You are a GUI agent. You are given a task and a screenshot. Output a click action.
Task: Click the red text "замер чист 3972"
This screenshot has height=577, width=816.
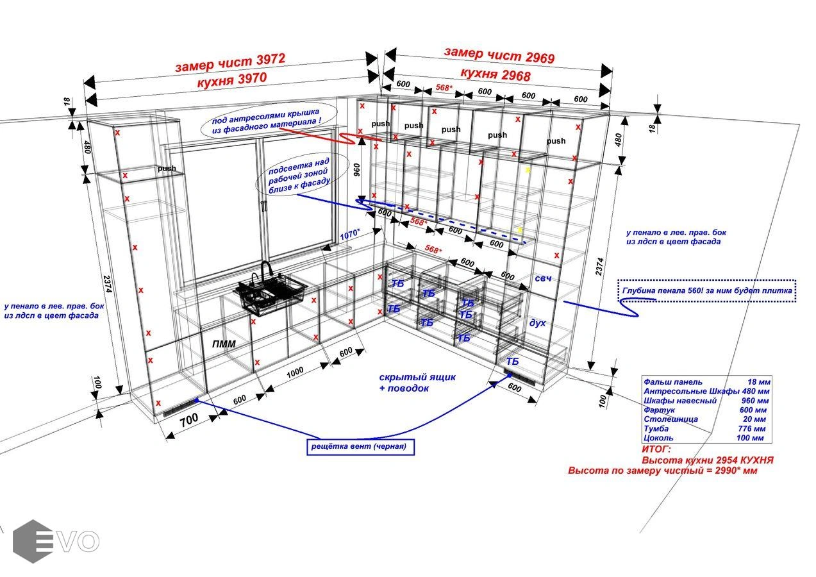229,63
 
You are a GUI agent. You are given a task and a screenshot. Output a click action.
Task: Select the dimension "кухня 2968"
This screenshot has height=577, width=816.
495,75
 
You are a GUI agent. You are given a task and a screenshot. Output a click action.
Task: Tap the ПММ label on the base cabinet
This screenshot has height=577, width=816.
224,344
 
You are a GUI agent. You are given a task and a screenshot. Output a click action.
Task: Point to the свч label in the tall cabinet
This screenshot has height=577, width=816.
543,278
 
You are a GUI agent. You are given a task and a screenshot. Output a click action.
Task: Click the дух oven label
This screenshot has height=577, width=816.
537,322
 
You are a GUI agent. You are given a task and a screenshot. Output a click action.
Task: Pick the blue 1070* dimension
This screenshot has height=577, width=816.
350,235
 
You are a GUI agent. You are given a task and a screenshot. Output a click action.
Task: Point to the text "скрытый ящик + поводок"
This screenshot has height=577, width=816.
408,383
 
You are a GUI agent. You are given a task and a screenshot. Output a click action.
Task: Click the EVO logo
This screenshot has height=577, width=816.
55,541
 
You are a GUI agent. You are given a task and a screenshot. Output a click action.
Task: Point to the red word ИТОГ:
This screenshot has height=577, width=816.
656,450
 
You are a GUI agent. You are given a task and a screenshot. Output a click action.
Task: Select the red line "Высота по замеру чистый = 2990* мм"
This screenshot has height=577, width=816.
663,471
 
